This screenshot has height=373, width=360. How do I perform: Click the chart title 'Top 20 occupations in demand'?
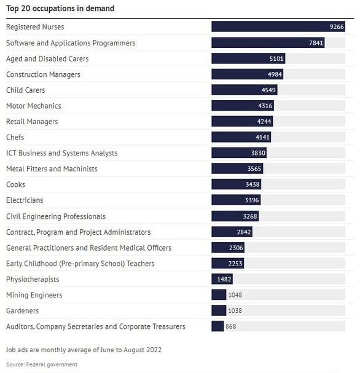tap(60, 9)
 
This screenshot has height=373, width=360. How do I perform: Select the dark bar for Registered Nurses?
tap(278, 26)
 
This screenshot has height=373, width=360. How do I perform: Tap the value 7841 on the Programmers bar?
tap(316, 43)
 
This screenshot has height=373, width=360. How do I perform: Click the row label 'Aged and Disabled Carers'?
tap(47, 59)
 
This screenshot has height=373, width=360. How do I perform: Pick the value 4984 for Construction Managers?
tap(275, 74)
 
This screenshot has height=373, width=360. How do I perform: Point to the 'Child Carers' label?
tap(25, 90)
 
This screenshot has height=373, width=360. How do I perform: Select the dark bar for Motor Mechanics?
tap(243, 106)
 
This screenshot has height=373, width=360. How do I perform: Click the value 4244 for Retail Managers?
tap(264, 122)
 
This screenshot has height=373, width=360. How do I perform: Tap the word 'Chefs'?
tap(15, 137)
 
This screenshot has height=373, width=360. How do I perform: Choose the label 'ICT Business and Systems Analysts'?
tap(62, 153)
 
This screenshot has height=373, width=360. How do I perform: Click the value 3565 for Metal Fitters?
tap(254, 168)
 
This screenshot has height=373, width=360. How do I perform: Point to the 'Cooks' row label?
tap(15, 184)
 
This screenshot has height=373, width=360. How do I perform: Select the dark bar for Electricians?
tap(236, 200)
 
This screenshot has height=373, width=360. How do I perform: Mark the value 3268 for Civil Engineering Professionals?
tap(250, 216)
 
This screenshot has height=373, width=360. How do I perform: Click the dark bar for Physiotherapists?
tap(222, 279)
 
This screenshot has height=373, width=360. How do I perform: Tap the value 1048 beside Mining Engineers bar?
tap(235, 295)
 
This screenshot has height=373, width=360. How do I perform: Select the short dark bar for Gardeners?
tap(219, 310)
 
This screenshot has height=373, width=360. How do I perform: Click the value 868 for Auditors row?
tap(230, 326)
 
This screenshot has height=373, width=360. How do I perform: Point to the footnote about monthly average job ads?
tap(84, 350)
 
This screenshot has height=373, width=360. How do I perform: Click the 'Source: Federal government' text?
tap(42, 364)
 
